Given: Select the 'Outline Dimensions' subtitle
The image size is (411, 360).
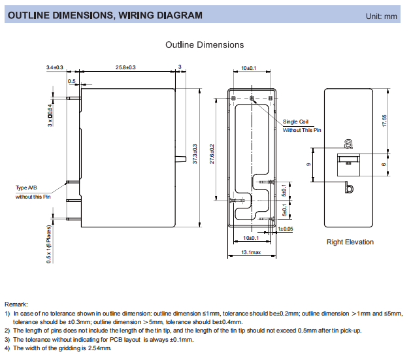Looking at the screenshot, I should point(205,45).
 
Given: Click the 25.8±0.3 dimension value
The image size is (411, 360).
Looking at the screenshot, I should point(125,68).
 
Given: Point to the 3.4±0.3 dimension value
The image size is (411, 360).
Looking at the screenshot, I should point(54,68).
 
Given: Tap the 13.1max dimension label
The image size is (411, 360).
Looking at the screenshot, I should point(251,252).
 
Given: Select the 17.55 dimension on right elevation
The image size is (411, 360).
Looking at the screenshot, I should point(385,121).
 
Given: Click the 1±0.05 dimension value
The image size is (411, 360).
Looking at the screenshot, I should point(286,229).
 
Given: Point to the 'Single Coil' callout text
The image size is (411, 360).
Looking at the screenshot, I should point(295,122).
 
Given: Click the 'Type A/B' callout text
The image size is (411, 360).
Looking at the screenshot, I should point(27,188).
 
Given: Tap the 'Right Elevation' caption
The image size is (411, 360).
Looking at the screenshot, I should point(350,242).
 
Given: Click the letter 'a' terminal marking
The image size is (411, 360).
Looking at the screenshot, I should point(348,142).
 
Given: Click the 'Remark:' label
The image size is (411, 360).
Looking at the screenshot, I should point(16,304).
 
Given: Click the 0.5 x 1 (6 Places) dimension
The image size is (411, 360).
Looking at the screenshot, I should point(49,242).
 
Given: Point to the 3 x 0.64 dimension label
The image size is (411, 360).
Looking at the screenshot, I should point(50,115).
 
